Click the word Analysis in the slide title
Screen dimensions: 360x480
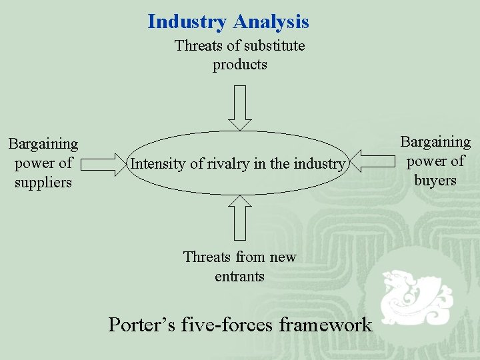(x=271, y=22)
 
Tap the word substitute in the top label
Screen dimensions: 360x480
(x=274, y=46)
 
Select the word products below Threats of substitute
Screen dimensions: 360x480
(x=240, y=65)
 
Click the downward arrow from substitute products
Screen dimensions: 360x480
(x=240, y=107)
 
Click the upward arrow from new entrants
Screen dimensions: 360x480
(x=240, y=217)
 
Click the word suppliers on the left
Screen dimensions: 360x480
(x=43, y=182)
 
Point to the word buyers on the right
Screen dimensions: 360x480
(x=435, y=180)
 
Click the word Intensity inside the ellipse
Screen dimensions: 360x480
(x=159, y=163)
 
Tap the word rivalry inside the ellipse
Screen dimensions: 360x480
(x=232, y=163)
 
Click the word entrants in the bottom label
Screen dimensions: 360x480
(x=240, y=276)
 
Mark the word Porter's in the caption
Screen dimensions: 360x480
(x=137, y=325)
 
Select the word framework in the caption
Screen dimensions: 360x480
(x=325, y=325)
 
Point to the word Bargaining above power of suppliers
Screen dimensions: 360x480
(x=43, y=144)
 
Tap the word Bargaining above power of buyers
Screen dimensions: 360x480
(x=435, y=142)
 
